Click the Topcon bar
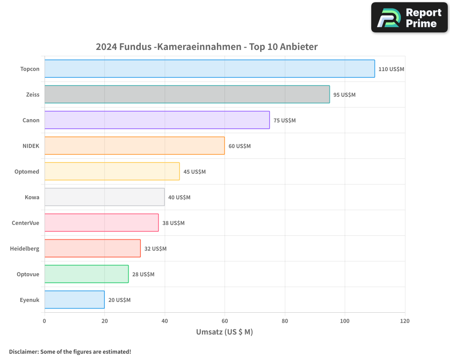[x=210, y=69]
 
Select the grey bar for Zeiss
[x=187, y=94]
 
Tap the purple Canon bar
[x=157, y=120]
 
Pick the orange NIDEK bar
[x=135, y=146]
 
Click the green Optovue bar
[x=86, y=274]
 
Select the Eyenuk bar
[x=75, y=300]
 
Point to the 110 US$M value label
[x=391, y=69]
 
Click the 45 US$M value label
[x=194, y=172]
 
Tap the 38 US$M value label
[x=173, y=223]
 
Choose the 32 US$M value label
[x=155, y=249]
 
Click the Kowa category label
[x=32, y=197]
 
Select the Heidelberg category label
[x=25, y=248]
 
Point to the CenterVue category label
[x=26, y=223]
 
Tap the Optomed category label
[x=27, y=171]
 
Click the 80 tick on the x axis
[x=285, y=321]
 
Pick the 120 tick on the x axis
[x=405, y=321]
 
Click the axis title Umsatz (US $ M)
[x=225, y=332]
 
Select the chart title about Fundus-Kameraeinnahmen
[x=207, y=47]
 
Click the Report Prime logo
[x=409, y=18]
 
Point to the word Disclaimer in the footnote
[x=23, y=351]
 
